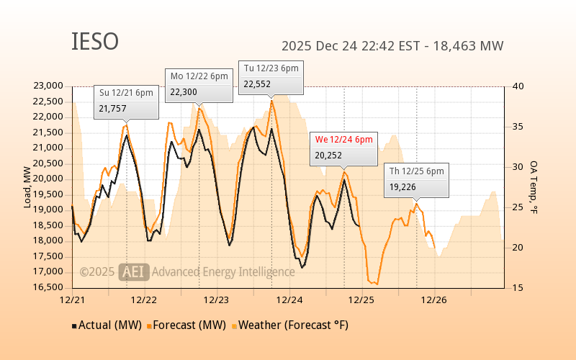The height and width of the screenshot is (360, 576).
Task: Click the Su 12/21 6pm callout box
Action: [x=127, y=101]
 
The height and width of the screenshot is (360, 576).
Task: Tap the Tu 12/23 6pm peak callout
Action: [x=271, y=76]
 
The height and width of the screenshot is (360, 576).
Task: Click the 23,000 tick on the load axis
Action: [x=48, y=86]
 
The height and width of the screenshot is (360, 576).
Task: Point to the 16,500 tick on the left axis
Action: [x=48, y=287]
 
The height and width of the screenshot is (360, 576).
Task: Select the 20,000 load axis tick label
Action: [x=48, y=179]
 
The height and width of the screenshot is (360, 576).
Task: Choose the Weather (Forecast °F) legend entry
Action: [x=289, y=325]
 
